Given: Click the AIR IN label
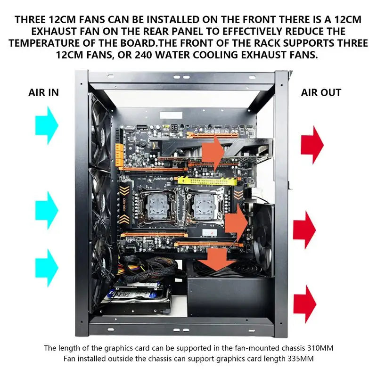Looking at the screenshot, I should click(x=44, y=92).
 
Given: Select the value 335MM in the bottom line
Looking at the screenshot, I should click(x=297, y=359).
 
